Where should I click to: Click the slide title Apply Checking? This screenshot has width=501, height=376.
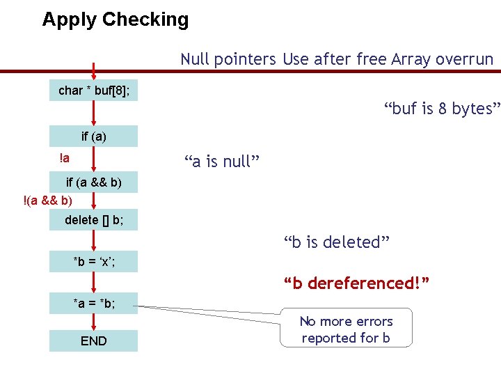click(115, 19)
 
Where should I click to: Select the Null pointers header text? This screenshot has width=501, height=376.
click(228, 59)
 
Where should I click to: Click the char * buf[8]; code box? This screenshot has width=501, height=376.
click(93, 91)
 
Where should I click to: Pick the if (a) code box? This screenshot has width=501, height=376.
click(93, 136)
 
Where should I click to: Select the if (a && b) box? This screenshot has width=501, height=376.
click(93, 183)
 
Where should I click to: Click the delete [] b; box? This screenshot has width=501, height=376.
click(93, 220)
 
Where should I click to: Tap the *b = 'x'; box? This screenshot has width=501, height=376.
click(93, 262)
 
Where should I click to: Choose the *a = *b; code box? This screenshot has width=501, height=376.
click(93, 304)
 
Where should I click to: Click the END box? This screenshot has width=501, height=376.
click(93, 340)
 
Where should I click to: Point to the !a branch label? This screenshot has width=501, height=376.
click(64, 158)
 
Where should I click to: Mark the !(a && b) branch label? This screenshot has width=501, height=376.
click(47, 201)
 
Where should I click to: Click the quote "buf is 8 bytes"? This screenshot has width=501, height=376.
click(442, 109)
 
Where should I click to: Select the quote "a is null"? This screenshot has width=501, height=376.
click(222, 162)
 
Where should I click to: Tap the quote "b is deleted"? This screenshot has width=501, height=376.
click(336, 242)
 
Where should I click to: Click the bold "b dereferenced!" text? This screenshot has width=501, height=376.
click(356, 283)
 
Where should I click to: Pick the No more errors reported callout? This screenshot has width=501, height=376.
click(346, 329)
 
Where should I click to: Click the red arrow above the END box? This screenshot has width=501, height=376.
click(93, 321)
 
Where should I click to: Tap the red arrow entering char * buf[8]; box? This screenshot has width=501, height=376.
click(93, 72)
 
